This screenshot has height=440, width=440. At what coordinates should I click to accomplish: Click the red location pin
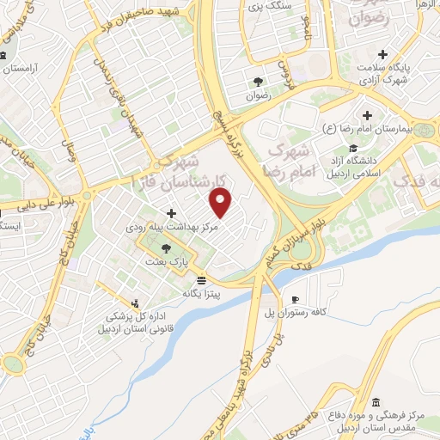point(222,203)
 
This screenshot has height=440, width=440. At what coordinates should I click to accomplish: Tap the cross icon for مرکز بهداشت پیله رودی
point(171,213)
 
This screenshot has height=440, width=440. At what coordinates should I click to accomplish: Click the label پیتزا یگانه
point(200,293)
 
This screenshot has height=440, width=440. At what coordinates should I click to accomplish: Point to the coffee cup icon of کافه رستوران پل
point(296,299)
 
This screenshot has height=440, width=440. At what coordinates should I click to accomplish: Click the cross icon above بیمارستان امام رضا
point(368,114)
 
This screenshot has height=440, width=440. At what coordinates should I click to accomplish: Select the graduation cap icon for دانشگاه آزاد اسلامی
point(354,148)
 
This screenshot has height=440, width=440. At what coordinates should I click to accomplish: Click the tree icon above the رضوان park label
point(258,82)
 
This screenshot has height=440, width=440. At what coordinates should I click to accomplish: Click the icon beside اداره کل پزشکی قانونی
point(134,302)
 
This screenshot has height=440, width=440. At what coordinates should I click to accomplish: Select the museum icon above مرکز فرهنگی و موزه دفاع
point(375,400)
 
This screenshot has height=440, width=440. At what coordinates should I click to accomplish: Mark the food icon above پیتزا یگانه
point(201,280)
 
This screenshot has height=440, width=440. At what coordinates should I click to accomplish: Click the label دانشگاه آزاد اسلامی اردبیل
point(355,167)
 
